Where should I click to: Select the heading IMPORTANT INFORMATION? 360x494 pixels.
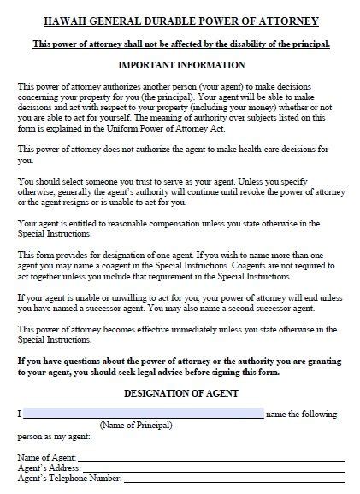[180, 65]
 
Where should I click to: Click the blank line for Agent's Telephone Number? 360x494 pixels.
[227, 479]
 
